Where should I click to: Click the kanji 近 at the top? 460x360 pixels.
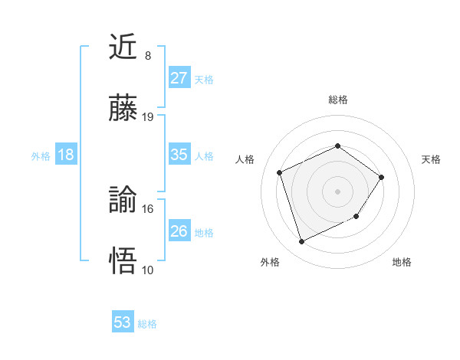(x=123, y=48)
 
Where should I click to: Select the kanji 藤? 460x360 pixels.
(x=123, y=109)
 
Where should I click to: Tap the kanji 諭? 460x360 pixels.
(x=123, y=200)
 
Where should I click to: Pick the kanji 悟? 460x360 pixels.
(x=123, y=260)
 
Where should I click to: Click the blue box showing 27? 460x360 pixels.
(x=179, y=78)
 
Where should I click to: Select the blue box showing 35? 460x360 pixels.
(x=179, y=155)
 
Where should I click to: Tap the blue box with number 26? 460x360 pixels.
(x=179, y=231)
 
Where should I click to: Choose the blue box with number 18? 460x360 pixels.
(x=66, y=155)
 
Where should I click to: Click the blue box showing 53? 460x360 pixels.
(x=122, y=322)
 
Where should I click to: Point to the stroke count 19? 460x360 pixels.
(x=148, y=117)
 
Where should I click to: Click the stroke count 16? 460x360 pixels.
(x=148, y=208)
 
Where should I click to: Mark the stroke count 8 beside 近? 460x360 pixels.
(x=148, y=56)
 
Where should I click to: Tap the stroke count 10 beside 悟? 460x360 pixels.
(x=148, y=270)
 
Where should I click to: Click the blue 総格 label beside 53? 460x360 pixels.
(x=147, y=324)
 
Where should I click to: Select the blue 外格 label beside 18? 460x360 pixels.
(x=41, y=156)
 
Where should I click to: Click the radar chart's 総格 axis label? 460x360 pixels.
(x=337, y=100)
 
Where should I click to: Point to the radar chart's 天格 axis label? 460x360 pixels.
(x=432, y=159)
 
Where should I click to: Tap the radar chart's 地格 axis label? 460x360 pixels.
(x=402, y=262)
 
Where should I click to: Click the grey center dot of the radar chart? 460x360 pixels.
(x=337, y=191)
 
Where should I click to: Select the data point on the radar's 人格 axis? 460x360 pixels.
(x=280, y=172)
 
